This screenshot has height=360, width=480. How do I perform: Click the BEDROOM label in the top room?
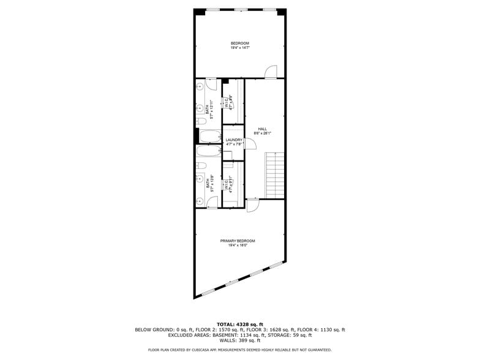239,43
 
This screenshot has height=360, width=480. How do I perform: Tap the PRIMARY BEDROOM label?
238,241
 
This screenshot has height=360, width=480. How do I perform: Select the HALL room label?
262,129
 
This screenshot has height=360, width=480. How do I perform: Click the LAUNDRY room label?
234,140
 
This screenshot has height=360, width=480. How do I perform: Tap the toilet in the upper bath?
200,121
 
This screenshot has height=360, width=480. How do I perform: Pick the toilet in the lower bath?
201,166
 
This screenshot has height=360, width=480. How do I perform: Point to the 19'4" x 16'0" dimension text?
238,246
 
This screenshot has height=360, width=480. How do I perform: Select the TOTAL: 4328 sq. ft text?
239,324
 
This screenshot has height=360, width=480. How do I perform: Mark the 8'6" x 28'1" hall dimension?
262,133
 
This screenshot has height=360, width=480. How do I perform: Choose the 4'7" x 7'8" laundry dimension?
234,144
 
